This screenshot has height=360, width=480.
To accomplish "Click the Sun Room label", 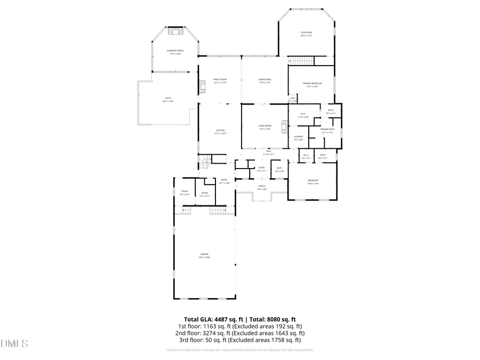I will [x=306, y=34].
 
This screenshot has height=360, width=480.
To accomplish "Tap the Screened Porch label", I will [x=175, y=52].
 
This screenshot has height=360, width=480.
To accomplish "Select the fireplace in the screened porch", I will [x=175, y=32].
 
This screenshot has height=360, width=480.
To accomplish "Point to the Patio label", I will [x=168, y=99].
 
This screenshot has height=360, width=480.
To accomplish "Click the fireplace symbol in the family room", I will [x=202, y=87].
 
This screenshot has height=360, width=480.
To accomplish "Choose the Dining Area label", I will [x=265, y=81].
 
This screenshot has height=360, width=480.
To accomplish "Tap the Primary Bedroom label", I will [x=312, y=84].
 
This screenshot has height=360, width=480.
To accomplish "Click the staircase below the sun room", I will [x=302, y=61].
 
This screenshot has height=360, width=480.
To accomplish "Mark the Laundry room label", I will [x=298, y=138].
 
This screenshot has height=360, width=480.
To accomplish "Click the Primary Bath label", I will [x=327, y=131].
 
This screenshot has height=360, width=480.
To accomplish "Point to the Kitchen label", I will [x=220, y=131].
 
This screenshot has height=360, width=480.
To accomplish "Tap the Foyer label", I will [x=261, y=169].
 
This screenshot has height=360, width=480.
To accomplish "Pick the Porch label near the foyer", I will [x=262, y=187].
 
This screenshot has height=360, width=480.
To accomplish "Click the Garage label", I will [x=204, y=255].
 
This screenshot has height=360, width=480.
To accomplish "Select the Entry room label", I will [x=224, y=181].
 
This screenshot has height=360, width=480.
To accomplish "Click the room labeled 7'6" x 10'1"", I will [x=185, y=193].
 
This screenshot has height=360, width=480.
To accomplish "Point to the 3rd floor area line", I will [x=240, y=340].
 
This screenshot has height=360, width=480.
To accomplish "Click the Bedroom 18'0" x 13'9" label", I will [x=313, y=182].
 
